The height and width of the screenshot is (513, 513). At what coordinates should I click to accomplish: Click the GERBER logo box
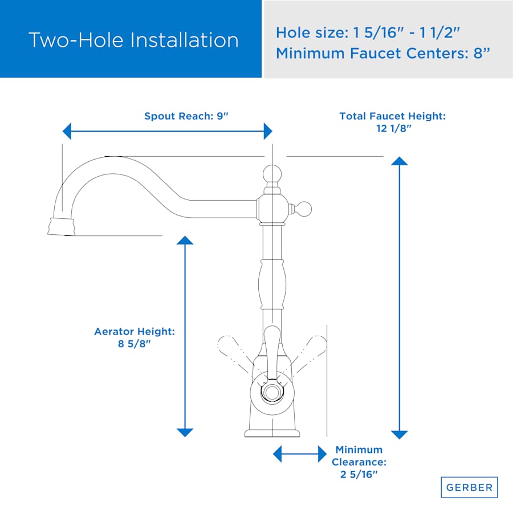pyautogui.click(x=469, y=487)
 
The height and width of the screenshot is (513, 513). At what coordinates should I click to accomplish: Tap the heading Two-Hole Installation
pyautogui.click(x=133, y=40)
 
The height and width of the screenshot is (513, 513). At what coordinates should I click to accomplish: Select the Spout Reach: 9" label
pyautogui.click(x=186, y=116)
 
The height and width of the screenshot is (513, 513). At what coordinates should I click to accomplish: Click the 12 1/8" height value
pyautogui.click(x=393, y=128)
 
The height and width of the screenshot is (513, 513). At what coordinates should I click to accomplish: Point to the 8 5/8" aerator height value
pyautogui.click(x=135, y=344)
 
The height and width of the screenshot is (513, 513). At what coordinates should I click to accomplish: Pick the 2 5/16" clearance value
pyautogui.click(x=359, y=474)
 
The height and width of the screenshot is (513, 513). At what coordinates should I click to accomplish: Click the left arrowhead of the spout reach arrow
pyautogui.click(x=67, y=131)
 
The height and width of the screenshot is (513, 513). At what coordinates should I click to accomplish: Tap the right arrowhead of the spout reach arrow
pyautogui.click(x=268, y=131)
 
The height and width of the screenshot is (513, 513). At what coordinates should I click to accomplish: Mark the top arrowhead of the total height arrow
pyautogui.click(x=399, y=161)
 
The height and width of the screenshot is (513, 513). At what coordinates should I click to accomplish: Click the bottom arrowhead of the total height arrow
pyautogui.click(x=399, y=435)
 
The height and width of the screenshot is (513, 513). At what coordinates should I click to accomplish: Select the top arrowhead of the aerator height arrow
pyautogui.click(x=185, y=240)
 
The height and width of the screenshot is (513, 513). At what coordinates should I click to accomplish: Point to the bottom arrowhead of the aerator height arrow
pyautogui.click(x=185, y=433)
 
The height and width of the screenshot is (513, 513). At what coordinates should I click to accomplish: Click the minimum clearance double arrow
pyautogui.click(x=300, y=454)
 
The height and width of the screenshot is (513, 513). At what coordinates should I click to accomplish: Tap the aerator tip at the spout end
pyautogui.click(x=61, y=226)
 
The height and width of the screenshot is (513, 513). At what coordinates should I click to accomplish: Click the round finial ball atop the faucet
pyautogui.click(x=272, y=174)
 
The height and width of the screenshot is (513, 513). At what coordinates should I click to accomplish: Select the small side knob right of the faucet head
pyautogui.click(x=304, y=209)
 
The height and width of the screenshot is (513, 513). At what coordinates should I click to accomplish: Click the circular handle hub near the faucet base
pyautogui.click(x=271, y=392)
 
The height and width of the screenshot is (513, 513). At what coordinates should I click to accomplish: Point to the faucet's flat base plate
pyautogui.click(x=272, y=434)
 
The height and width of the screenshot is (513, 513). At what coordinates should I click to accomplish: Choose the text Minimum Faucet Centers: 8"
pyautogui.click(x=383, y=53)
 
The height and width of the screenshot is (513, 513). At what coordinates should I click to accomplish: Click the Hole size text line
pyautogui.click(x=368, y=32)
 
